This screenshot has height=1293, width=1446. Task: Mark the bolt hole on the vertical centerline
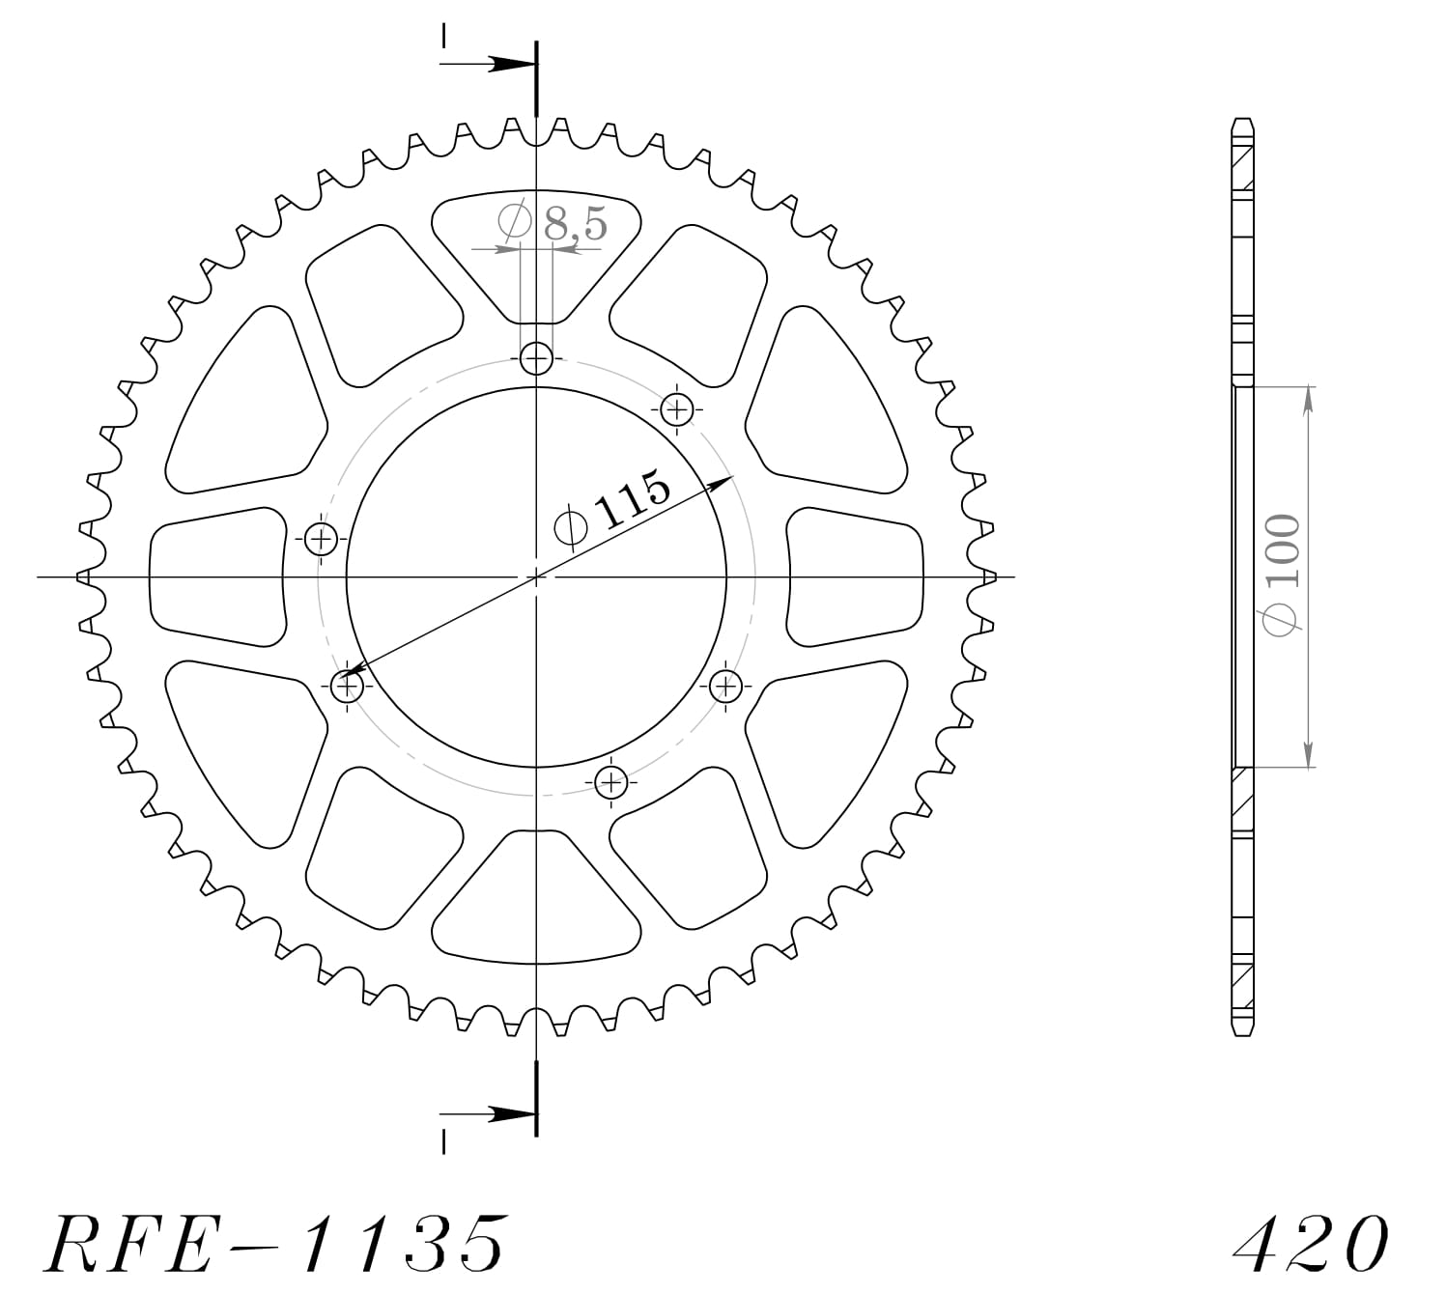coord(536,359)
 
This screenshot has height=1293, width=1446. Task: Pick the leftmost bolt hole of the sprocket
coord(321,539)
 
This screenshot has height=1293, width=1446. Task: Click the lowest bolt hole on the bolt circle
coord(610,781)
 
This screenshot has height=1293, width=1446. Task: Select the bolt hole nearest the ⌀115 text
coord(677,409)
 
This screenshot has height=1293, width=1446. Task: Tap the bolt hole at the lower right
coord(725,687)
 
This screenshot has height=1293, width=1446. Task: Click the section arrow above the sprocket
coord(493,65)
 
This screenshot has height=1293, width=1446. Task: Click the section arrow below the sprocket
coord(493,1113)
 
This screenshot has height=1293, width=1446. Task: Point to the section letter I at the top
coord(443,36)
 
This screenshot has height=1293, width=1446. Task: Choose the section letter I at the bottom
coord(443,1142)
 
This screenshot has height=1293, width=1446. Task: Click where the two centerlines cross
coord(536,577)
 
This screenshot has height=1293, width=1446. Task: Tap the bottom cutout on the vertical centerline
coord(536,898)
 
